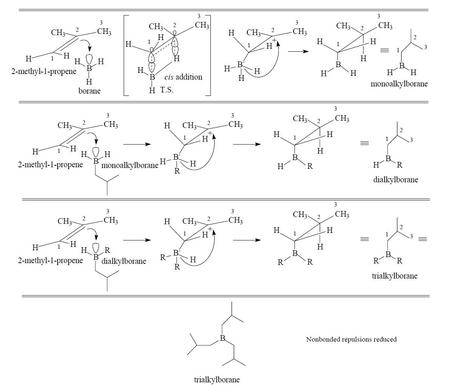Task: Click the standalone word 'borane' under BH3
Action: [89, 91]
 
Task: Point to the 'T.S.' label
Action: [167, 90]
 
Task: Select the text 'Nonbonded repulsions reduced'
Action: [351, 339]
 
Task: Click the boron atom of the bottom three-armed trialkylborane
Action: [222, 339]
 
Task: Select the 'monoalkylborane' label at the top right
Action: [399, 84]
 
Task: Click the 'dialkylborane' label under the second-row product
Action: [395, 180]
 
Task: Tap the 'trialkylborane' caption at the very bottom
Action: [216, 379]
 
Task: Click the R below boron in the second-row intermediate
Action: [177, 171]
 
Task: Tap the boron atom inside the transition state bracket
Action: [152, 77]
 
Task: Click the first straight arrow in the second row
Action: [137, 144]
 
